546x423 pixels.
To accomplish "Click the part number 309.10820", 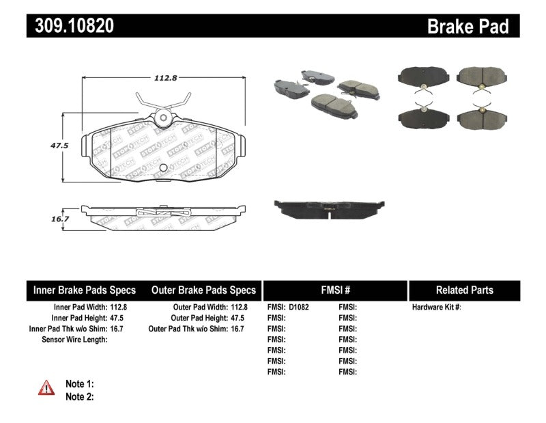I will click(x=70, y=26).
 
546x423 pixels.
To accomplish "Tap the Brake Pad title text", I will click(x=468, y=26).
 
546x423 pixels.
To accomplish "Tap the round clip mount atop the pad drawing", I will click(x=162, y=118).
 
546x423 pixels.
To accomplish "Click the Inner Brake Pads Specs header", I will click(x=85, y=290).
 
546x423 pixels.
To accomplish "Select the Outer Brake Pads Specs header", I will click(x=203, y=290).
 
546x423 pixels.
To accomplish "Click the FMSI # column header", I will click(x=334, y=290).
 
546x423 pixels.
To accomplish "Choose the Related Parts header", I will click(x=464, y=290).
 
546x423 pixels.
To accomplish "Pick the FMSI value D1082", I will click(x=299, y=308).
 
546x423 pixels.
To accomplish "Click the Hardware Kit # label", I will click(x=436, y=308).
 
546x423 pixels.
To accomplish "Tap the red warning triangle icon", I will click(x=46, y=387).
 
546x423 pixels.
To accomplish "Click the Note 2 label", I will click(x=79, y=396).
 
